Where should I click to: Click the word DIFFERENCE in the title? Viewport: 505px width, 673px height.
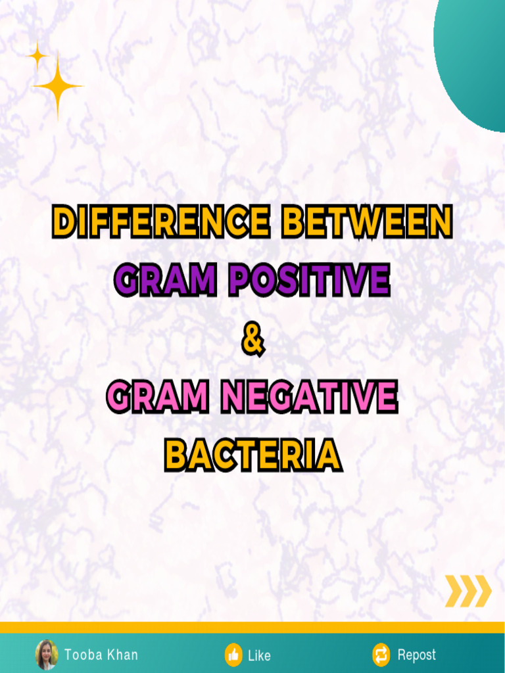click(x=160, y=221)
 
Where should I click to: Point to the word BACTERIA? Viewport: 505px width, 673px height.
click(x=252, y=455)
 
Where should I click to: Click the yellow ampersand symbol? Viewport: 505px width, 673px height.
click(x=252, y=340)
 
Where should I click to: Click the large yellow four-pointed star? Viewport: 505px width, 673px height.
click(x=58, y=86)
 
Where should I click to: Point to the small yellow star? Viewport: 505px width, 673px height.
click(x=37, y=57)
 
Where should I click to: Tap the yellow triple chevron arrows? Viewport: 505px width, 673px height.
click(x=468, y=590)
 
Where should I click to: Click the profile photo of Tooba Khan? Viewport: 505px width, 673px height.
click(x=47, y=655)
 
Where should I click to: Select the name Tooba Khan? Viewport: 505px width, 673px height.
click(x=101, y=655)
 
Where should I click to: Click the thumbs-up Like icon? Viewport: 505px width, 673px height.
click(x=233, y=655)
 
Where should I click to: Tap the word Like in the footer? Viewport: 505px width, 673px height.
click(x=259, y=655)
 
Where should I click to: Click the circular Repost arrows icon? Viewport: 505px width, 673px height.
click(x=381, y=655)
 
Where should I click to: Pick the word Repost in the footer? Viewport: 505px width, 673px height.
click(x=416, y=655)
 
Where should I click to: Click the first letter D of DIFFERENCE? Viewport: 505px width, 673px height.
click(x=64, y=221)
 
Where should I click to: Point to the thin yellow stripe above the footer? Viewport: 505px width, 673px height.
click(x=252, y=628)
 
